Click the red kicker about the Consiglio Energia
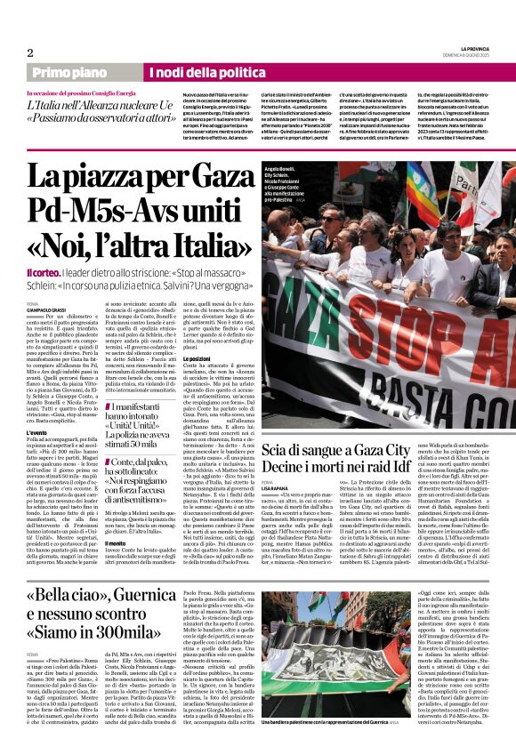[x=81, y=92]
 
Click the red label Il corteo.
[x=44, y=270]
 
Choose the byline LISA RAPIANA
[x=276, y=489]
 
